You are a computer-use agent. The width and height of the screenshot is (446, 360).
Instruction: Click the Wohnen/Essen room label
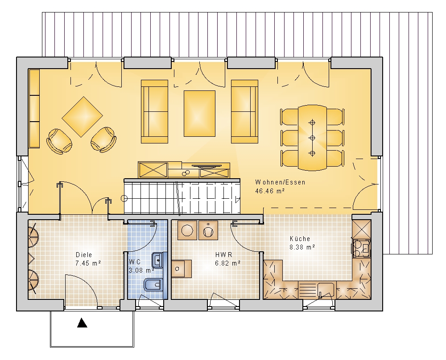pyautogui.click(x=280, y=182)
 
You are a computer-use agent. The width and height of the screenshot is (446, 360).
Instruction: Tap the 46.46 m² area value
pyautogui.click(x=270, y=191)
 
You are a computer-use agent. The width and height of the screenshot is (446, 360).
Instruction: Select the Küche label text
pyautogui.click(x=300, y=239)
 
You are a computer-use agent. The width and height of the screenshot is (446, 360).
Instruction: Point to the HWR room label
pyautogui.click(x=223, y=255)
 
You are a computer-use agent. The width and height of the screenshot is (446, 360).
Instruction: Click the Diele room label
pyautogui.click(x=84, y=255)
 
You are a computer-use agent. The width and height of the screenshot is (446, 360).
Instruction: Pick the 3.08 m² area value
pyautogui.click(x=142, y=270)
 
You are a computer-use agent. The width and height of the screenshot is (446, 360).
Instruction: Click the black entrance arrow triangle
pyautogui.click(x=82, y=323)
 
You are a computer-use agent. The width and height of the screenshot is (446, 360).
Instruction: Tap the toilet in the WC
pyautogui.click(x=153, y=285)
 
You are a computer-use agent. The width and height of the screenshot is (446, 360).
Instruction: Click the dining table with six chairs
pyautogui.click(x=312, y=138)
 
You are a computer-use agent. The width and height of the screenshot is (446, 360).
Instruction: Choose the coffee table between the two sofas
pyautogui.click(x=199, y=114)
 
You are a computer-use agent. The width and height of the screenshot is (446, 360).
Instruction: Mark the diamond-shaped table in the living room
pyautogui.click(x=82, y=117)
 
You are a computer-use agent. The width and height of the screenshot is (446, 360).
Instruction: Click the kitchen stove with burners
pyautogui.click(x=362, y=248)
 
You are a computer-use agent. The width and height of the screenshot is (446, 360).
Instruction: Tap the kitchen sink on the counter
pyautogui.click(x=326, y=290)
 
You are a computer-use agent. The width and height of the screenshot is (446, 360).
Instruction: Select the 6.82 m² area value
pyautogui.click(x=228, y=263)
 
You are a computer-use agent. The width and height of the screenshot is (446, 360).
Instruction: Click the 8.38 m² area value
pyautogui.click(x=302, y=247)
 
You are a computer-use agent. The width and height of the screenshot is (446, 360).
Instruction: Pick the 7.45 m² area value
pyautogui.click(x=88, y=263)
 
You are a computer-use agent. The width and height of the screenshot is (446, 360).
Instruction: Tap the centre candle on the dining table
pyautogui.click(x=312, y=138)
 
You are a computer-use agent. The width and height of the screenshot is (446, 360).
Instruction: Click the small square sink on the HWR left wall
pyautogui.click(x=182, y=269)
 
